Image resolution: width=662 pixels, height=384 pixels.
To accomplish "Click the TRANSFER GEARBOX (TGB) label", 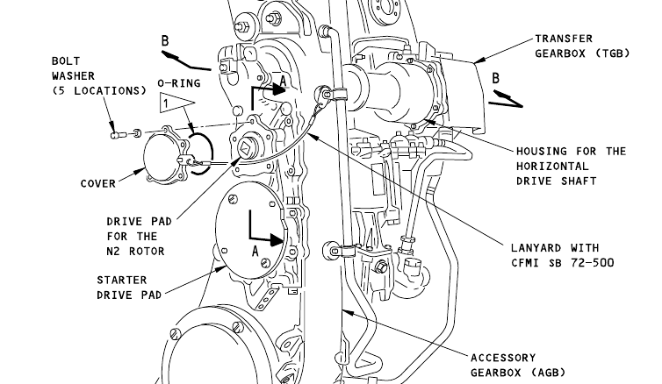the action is pyautogui.click(x=582, y=46).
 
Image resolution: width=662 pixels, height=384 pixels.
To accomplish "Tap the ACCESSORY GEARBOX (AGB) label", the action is pyautogui.click(x=518, y=366).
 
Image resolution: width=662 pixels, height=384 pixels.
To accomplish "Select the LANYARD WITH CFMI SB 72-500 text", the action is pyautogui.click(x=563, y=255).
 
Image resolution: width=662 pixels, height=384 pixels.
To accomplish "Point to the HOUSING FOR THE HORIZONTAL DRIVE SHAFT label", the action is pyautogui.click(x=571, y=166).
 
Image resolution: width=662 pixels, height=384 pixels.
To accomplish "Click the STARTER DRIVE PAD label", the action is pyautogui.click(x=129, y=288).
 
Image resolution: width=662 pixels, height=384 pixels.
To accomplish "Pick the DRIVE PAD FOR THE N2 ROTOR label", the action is pyautogui.click(x=139, y=236).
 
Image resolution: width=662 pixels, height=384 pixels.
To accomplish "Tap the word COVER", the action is pyautogui.click(x=98, y=184).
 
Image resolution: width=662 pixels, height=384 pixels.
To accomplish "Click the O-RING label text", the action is pyautogui.click(x=179, y=83).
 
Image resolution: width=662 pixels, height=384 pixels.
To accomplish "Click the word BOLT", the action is pyautogui.click(x=66, y=61).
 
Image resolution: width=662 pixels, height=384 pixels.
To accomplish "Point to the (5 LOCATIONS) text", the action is pyautogui.click(x=99, y=91).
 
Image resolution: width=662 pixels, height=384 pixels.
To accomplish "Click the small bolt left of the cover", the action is pyautogui.click(x=119, y=135).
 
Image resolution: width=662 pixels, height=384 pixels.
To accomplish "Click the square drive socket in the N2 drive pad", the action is pyautogui.click(x=246, y=148).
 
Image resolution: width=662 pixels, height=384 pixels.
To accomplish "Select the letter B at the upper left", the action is pyautogui.click(x=165, y=41).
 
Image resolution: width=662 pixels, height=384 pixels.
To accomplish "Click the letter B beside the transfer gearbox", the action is pyautogui.click(x=496, y=78).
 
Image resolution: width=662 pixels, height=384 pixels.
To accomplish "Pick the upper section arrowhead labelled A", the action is pyautogui.click(x=279, y=89).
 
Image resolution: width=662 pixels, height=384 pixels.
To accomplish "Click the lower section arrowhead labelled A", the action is pyautogui.click(x=276, y=240).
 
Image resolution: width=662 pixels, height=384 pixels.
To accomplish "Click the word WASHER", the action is pyautogui.click(x=74, y=76).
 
